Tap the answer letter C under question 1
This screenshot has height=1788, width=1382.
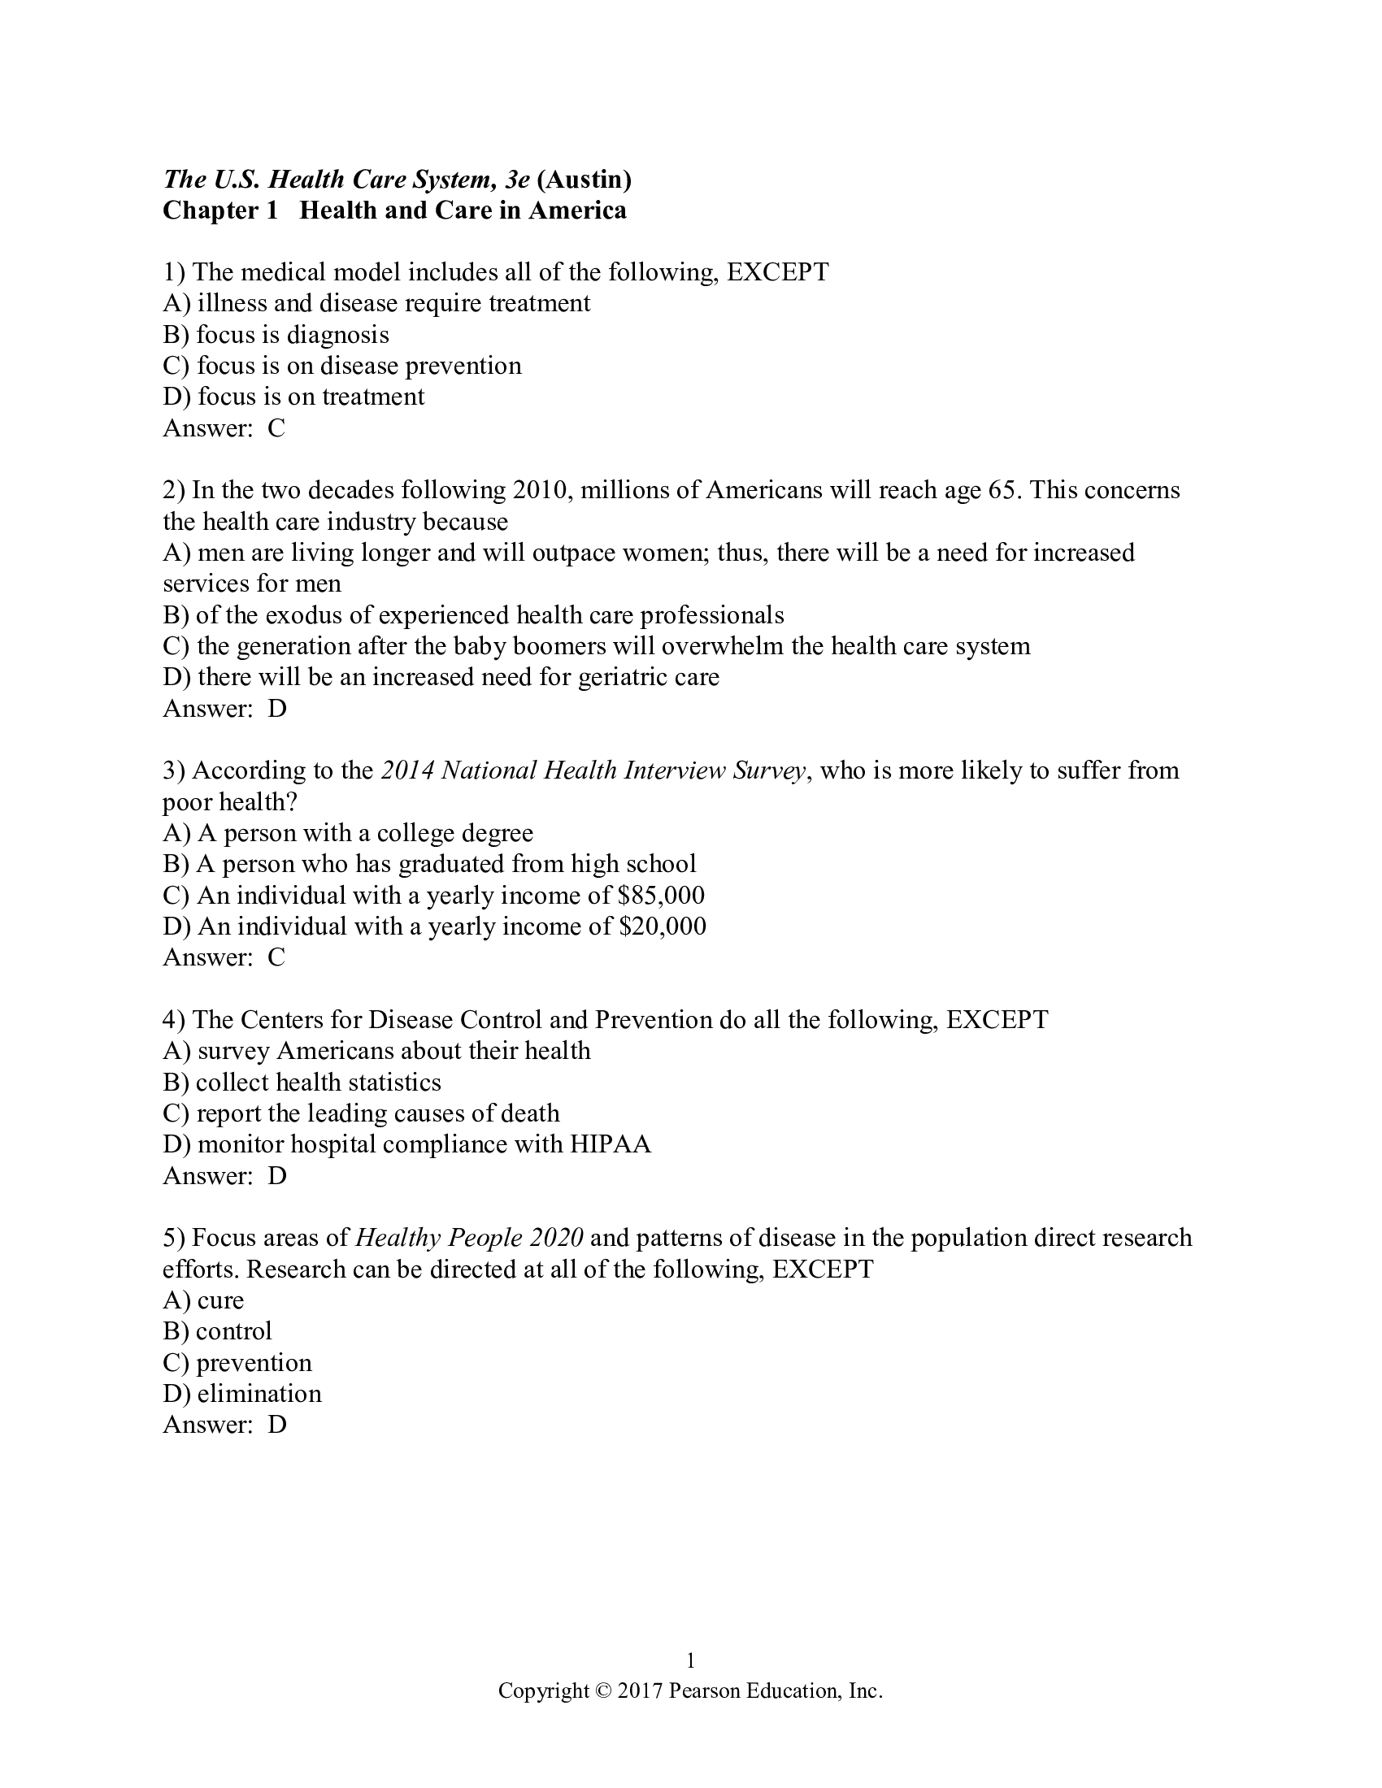pos(276,428)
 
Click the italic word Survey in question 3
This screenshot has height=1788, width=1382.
pos(769,770)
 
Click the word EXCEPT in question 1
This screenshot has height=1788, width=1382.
pos(778,271)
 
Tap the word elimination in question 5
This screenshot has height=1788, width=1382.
pos(259,1393)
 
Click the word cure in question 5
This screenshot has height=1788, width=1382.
pos(220,1300)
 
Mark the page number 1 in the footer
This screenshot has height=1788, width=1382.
pos(690,1660)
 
